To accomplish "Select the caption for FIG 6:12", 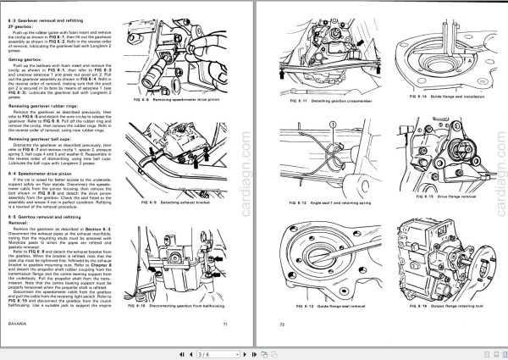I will pos(323,204).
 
